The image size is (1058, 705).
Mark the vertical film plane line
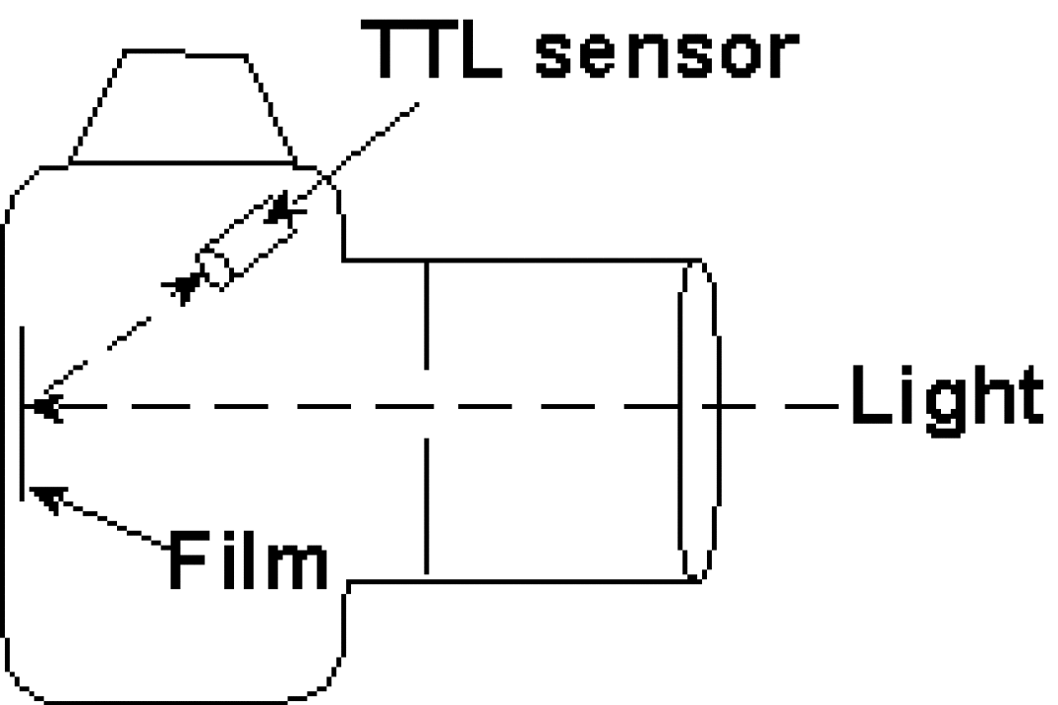pyautogui.click(x=22, y=413)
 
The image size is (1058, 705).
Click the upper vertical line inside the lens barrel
pyautogui.click(x=426, y=315)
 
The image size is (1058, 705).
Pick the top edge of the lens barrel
pyautogui.click(x=521, y=260)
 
